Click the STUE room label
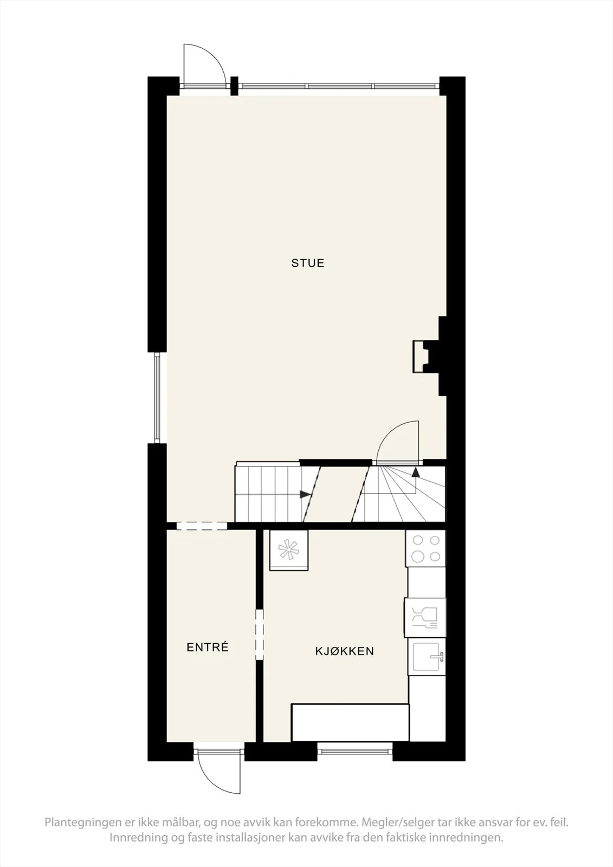click(307, 263)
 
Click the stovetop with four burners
click(425, 548)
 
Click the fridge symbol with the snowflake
click(289, 550)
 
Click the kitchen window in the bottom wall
click(354, 752)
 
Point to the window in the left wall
click(157, 398)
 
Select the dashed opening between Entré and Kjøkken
click(259, 635)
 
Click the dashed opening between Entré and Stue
click(202, 526)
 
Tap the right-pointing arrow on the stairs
click(305, 494)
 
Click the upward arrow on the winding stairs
click(416, 472)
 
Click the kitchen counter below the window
click(350, 723)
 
